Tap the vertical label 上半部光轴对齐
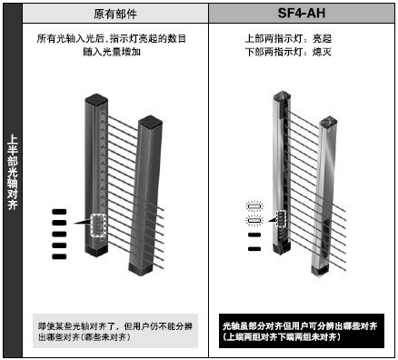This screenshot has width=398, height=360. click(13, 173)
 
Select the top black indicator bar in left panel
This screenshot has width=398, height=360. click(60, 212)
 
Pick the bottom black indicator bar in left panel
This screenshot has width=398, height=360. click(60, 256)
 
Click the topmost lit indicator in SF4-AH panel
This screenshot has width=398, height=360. click(254, 208)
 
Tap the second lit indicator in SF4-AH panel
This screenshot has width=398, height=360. click(254, 220)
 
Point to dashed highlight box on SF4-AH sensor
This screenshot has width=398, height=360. click(280, 219)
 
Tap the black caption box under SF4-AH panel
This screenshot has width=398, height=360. click(300, 329)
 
